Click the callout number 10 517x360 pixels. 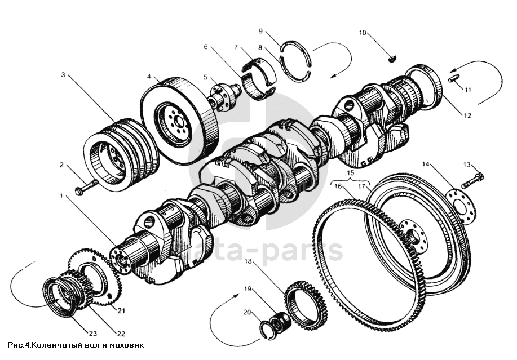pos(363,33)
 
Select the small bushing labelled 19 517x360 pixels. pos(280,322)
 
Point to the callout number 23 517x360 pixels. pos(92,334)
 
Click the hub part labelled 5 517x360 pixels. pos(224,96)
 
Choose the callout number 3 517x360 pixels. pos(63,75)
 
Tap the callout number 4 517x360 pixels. pos(149,77)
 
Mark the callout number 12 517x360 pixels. pos(467,115)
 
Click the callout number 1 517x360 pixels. pos(61,196)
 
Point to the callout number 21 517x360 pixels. pos(121,310)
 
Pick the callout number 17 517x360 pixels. pos(362,186)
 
